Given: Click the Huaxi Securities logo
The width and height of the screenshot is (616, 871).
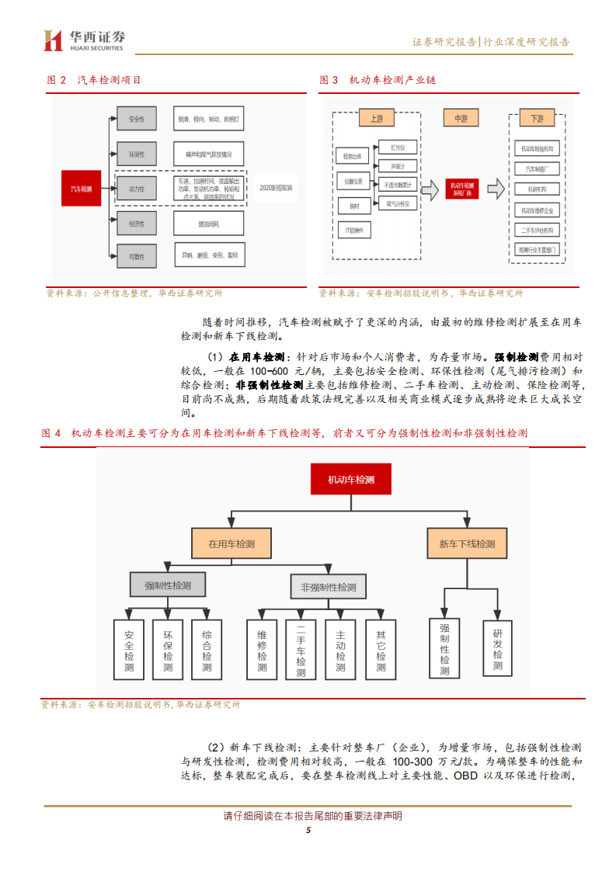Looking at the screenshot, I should [x=84, y=40].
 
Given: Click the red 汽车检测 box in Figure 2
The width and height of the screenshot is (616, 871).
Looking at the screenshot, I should [x=81, y=189].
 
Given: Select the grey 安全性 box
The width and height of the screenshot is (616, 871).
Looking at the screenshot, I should [x=136, y=119].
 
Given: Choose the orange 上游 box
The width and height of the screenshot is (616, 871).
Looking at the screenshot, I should [x=376, y=119].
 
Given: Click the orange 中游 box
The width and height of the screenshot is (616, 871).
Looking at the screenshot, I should [x=461, y=118].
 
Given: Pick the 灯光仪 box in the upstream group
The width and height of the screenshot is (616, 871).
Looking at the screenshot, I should [x=398, y=147].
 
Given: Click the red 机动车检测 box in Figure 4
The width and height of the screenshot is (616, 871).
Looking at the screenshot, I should [x=351, y=480].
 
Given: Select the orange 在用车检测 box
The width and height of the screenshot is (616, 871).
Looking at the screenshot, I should [x=231, y=543].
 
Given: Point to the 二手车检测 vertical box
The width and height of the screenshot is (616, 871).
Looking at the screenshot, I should [x=301, y=651].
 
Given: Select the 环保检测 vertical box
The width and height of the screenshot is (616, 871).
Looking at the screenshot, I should [x=168, y=651].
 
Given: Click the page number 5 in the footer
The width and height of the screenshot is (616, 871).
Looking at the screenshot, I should [x=308, y=831].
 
